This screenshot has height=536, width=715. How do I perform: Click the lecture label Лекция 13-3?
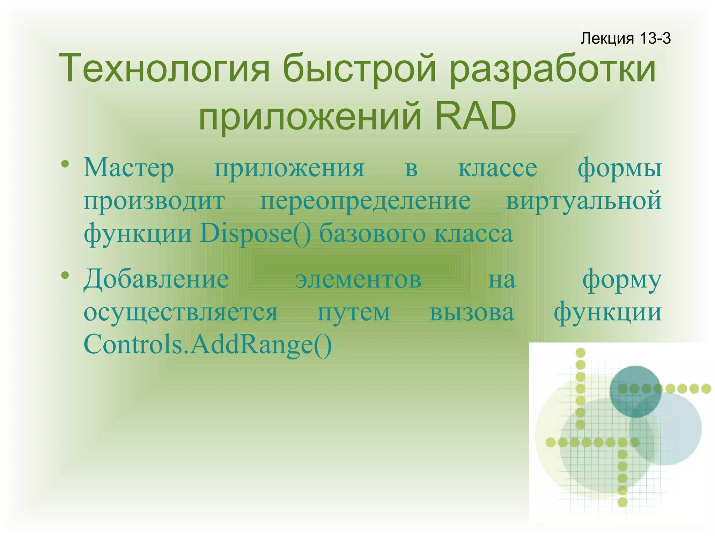click(625, 38)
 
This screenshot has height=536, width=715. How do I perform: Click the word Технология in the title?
click(164, 68)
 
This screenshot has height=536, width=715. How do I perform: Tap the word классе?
click(497, 168)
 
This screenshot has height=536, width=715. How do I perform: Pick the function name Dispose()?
click(255, 233)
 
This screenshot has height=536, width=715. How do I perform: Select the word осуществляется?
click(181, 312)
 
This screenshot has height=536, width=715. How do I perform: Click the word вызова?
click(472, 312)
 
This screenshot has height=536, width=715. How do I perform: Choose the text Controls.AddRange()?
click(208, 344)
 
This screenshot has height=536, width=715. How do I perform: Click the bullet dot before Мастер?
click(65, 164)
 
